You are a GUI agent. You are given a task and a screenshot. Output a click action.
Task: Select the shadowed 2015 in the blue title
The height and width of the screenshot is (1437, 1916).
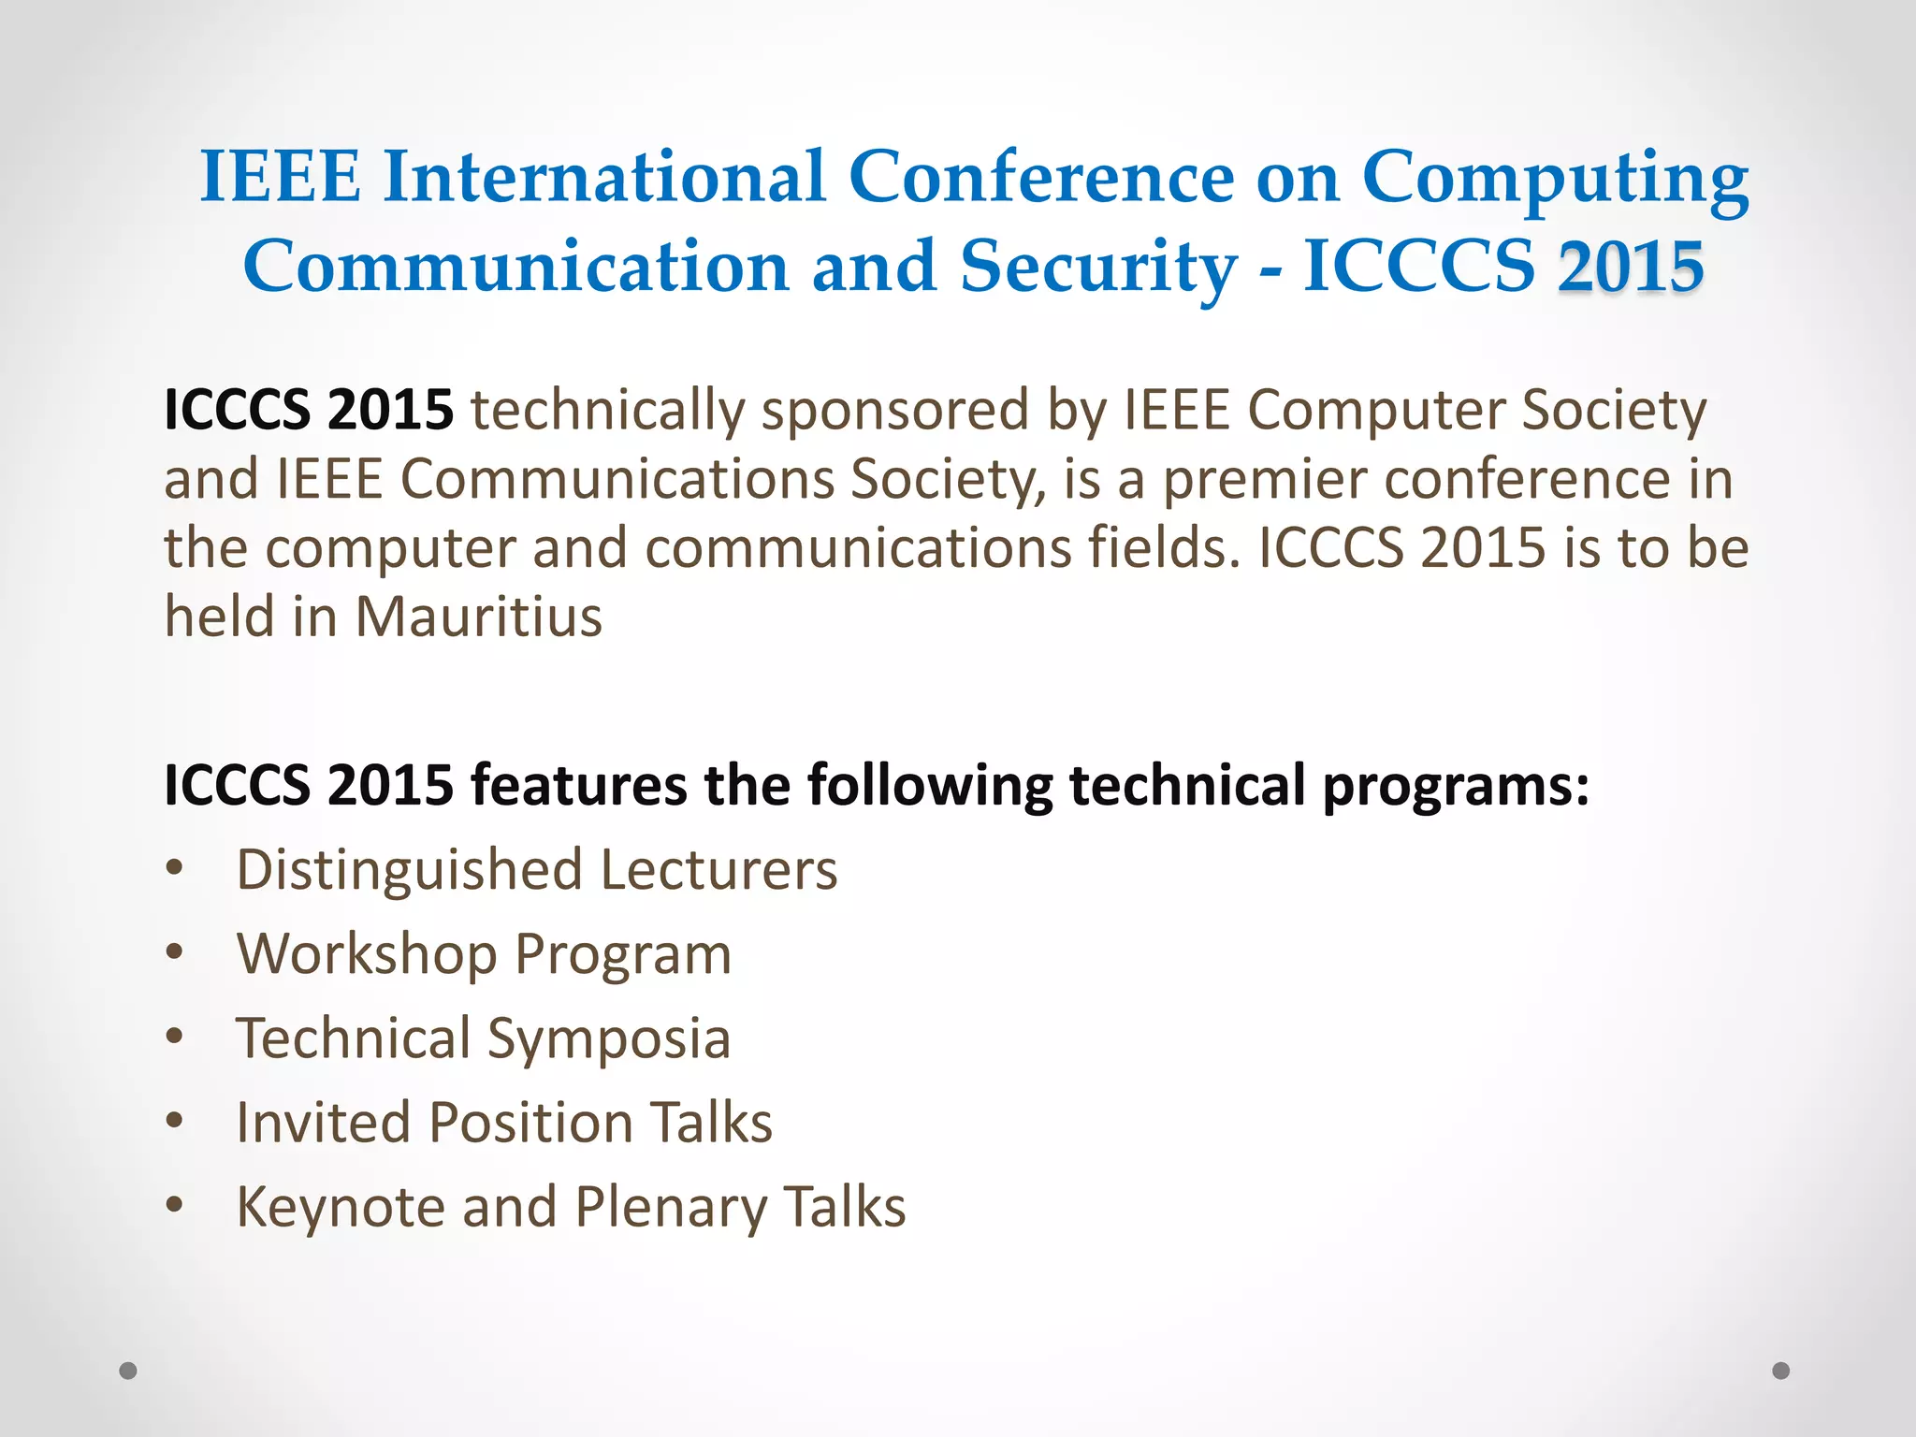click(1631, 267)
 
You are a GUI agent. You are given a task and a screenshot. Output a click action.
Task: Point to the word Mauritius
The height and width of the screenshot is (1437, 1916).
click(478, 617)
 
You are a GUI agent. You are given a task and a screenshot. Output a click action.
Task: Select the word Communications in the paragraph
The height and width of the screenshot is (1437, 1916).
click(617, 480)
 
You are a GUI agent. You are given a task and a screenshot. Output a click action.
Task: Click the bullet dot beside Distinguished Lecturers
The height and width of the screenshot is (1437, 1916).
click(174, 869)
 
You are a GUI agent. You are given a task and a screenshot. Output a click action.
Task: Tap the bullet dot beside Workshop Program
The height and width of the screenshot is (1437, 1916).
click(174, 953)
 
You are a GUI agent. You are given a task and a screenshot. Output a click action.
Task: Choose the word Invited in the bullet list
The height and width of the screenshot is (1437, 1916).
click(323, 1122)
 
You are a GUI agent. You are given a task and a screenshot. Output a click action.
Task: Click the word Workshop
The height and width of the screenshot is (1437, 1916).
click(367, 955)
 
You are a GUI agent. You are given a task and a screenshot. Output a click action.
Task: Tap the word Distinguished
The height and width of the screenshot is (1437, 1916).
click(410, 871)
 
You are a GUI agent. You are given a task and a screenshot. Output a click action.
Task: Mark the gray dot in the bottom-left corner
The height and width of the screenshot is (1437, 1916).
click(128, 1371)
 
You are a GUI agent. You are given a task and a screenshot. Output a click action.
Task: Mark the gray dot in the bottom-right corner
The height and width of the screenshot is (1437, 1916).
click(1781, 1371)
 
